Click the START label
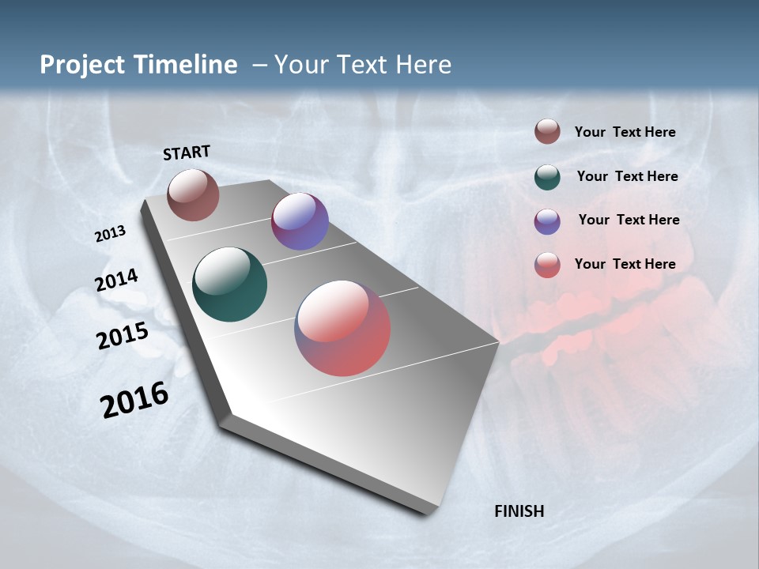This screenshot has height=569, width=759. click(187, 153)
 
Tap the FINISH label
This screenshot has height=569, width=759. click(519, 511)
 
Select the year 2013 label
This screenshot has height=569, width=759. click(110, 234)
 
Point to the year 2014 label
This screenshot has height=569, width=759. click(116, 281)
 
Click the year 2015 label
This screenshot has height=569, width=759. click(122, 336)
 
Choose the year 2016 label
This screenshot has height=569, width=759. click(134, 400)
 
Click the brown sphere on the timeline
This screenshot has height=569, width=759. click(193, 194)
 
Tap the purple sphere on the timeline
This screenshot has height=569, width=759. click(300, 221)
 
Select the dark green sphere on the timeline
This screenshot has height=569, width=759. click(229, 284)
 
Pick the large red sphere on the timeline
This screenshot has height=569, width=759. click(342, 328)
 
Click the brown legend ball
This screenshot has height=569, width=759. click(547, 131)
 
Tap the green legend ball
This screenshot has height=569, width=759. click(547, 176)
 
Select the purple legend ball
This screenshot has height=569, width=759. click(547, 220)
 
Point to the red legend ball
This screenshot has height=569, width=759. click(547, 264)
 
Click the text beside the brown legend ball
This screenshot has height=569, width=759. click(625, 132)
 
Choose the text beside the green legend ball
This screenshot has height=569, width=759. click(627, 176)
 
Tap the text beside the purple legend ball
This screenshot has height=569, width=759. click(629, 220)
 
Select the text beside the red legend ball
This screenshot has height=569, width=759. click(625, 264)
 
